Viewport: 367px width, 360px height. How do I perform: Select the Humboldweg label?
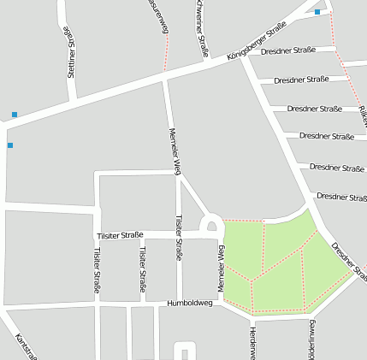tap(188, 303)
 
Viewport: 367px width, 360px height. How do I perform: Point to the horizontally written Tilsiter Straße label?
tap(119, 235)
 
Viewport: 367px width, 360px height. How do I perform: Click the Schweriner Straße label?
tap(202, 27)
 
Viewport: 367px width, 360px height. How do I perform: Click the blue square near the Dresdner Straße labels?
tap(317, 12)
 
